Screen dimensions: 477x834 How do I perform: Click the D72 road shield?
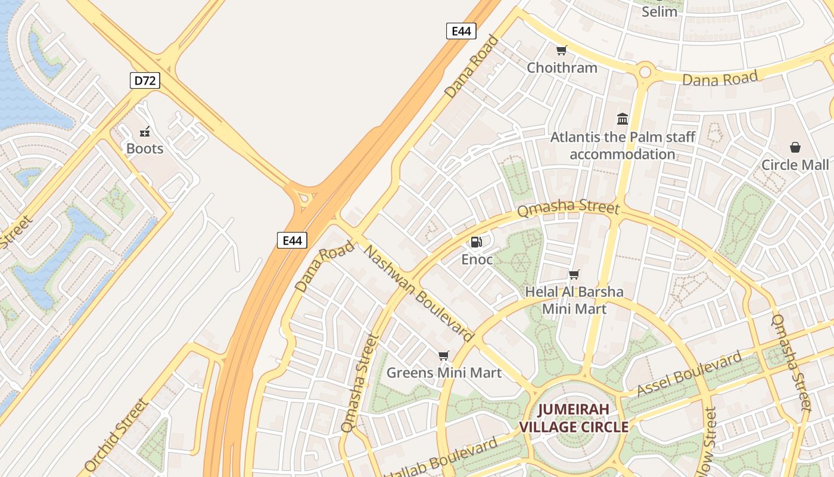[145, 80]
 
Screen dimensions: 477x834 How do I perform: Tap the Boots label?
[145, 148]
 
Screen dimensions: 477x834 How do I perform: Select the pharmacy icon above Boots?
[145, 132]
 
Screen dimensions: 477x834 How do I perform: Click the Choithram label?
[562, 67]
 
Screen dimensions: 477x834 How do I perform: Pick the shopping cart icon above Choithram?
[561, 51]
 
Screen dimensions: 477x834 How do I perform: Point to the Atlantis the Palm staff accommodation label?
[623, 145]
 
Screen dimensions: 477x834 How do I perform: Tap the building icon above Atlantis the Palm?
[623, 119]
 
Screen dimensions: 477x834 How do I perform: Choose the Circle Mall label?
[795, 165]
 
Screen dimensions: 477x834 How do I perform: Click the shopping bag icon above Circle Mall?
[795, 147]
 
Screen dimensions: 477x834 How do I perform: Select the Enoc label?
[477, 259]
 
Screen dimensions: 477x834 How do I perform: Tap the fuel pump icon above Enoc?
[476, 242]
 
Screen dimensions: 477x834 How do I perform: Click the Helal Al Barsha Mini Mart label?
[574, 300]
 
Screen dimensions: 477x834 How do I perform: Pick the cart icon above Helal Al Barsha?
[574, 275]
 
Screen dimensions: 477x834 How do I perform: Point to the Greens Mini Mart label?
[444, 373]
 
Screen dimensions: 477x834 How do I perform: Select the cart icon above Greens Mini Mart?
[443, 356]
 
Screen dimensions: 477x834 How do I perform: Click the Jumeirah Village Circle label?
[574, 418]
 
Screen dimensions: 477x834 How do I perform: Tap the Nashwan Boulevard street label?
[417, 293]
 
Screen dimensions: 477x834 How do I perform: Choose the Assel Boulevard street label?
[690, 374]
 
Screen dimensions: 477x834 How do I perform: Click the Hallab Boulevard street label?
[444, 460]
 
